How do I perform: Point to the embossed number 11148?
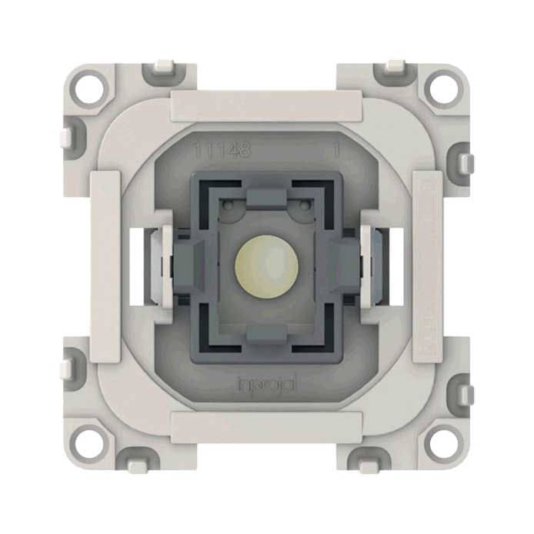(x=222, y=151)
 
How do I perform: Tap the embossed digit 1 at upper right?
(x=336, y=151)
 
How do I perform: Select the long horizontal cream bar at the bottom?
(x=266, y=426)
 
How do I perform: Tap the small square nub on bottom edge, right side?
(x=372, y=465)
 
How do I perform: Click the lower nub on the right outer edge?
(x=466, y=394)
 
